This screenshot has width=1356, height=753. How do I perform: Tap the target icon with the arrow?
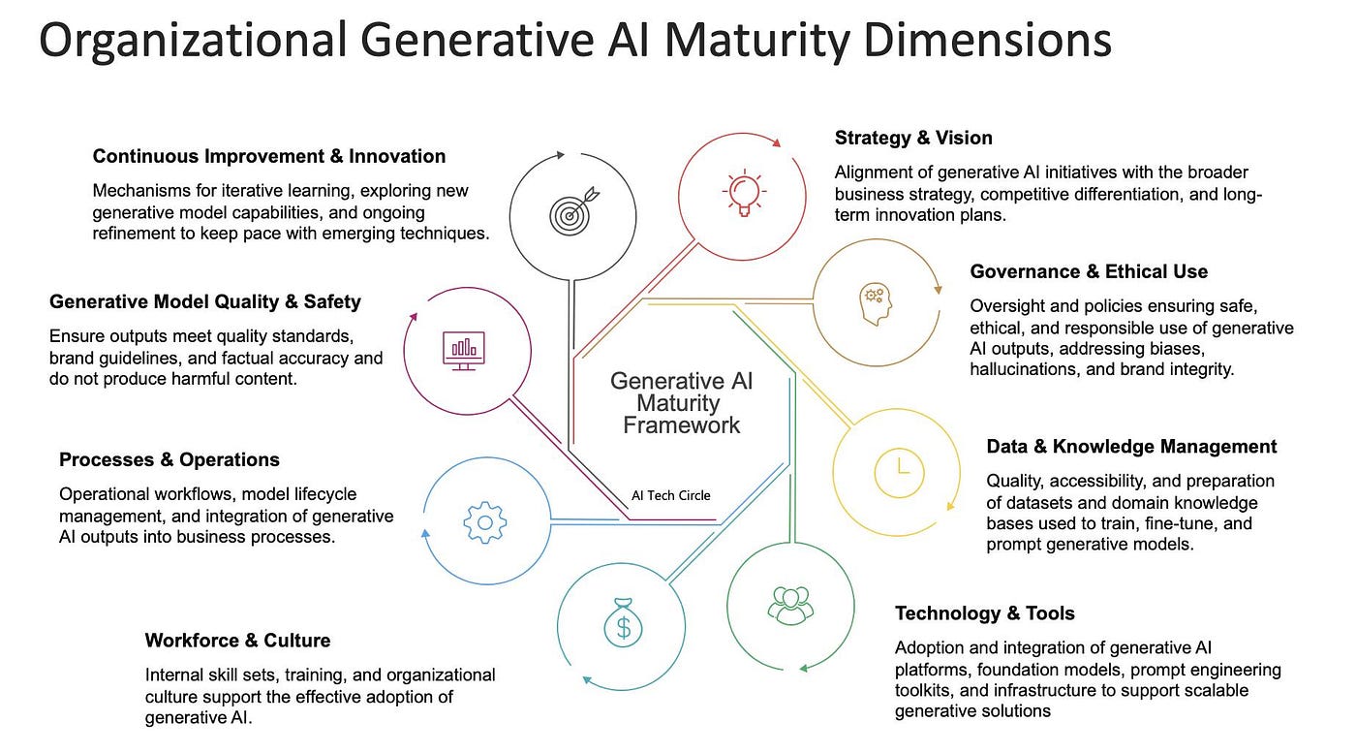pyautogui.click(x=571, y=212)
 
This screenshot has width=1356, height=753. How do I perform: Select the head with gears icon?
pyautogui.click(x=874, y=302)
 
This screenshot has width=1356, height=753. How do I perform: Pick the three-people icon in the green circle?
pyautogui.click(x=790, y=604)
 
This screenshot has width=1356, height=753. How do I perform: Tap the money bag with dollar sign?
pyautogui.click(x=622, y=623)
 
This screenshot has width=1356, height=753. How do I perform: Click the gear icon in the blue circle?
pyautogui.click(x=485, y=522)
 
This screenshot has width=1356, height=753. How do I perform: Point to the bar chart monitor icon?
pyautogui.click(x=464, y=350)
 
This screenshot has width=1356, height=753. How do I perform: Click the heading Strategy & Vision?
pyautogui.click(x=913, y=138)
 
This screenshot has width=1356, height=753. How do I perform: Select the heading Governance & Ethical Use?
pyautogui.click(x=1089, y=271)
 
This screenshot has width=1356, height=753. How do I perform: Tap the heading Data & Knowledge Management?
pyautogui.click(x=1131, y=447)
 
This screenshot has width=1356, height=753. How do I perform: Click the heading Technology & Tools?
pyautogui.click(x=984, y=613)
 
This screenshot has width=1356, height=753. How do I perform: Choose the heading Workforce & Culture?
pyautogui.click(x=237, y=641)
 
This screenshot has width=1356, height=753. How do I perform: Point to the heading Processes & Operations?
pyautogui.click(x=169, y=459)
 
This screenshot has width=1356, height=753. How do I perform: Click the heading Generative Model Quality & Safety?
pyautogui.click(x=205, y=301)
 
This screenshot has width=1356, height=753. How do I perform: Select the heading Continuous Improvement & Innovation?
pyautogui.click(x=269, y=156)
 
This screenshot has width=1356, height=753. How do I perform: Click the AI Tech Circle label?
pyautogui.click(x=670, y=495)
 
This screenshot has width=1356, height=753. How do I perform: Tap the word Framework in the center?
pyautogui.click(x=681, y=424)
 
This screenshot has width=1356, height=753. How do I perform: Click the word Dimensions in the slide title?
pyautogui.click(x=986, y=41)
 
